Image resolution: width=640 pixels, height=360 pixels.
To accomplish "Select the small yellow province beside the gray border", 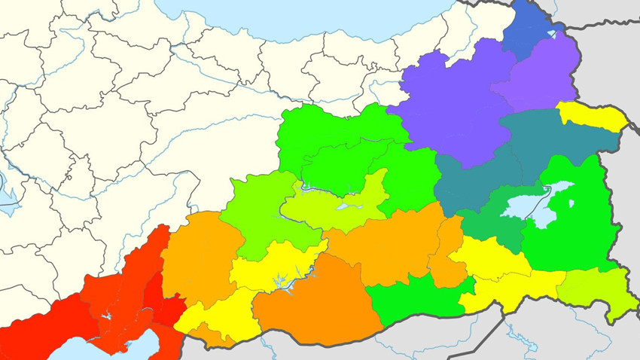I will coord(593,116).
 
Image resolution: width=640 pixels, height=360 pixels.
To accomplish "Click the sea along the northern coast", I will coord(301,15).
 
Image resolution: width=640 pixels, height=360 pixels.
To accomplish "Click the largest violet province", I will coord(452,105).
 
